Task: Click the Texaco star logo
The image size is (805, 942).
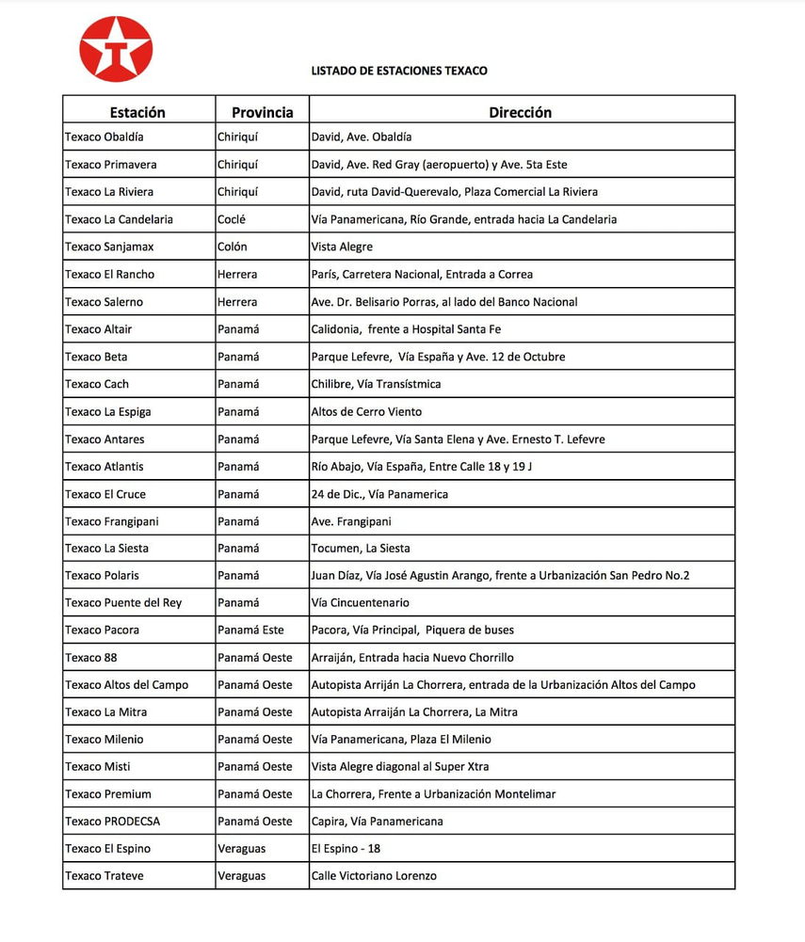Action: (116, 49)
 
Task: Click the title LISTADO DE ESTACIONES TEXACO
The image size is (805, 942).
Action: (399, 71)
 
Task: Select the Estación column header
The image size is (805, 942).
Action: (137, 112)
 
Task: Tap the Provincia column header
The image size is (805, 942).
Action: (263, 112)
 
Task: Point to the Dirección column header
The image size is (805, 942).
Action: (520, 112)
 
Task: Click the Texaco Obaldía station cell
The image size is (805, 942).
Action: (105, 137)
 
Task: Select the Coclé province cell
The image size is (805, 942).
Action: (233, 219)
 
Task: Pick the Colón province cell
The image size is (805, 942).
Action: (233, 247)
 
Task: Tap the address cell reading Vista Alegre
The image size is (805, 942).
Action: (342, 247)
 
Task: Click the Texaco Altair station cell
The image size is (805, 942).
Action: (99, 329)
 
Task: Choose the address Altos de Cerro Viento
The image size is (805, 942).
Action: (366, 411)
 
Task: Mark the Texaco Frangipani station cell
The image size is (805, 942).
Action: (111, 521)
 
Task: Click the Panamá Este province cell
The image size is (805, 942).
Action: (250, 631)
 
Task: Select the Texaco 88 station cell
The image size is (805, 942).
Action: (91, 658)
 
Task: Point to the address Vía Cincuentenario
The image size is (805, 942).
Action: (361, 603)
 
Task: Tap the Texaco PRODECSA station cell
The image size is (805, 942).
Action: (113, 822)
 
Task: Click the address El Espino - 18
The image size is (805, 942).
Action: (346, 849)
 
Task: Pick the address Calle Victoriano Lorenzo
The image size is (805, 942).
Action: (374, 876)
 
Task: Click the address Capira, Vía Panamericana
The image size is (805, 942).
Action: (377, 822)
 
